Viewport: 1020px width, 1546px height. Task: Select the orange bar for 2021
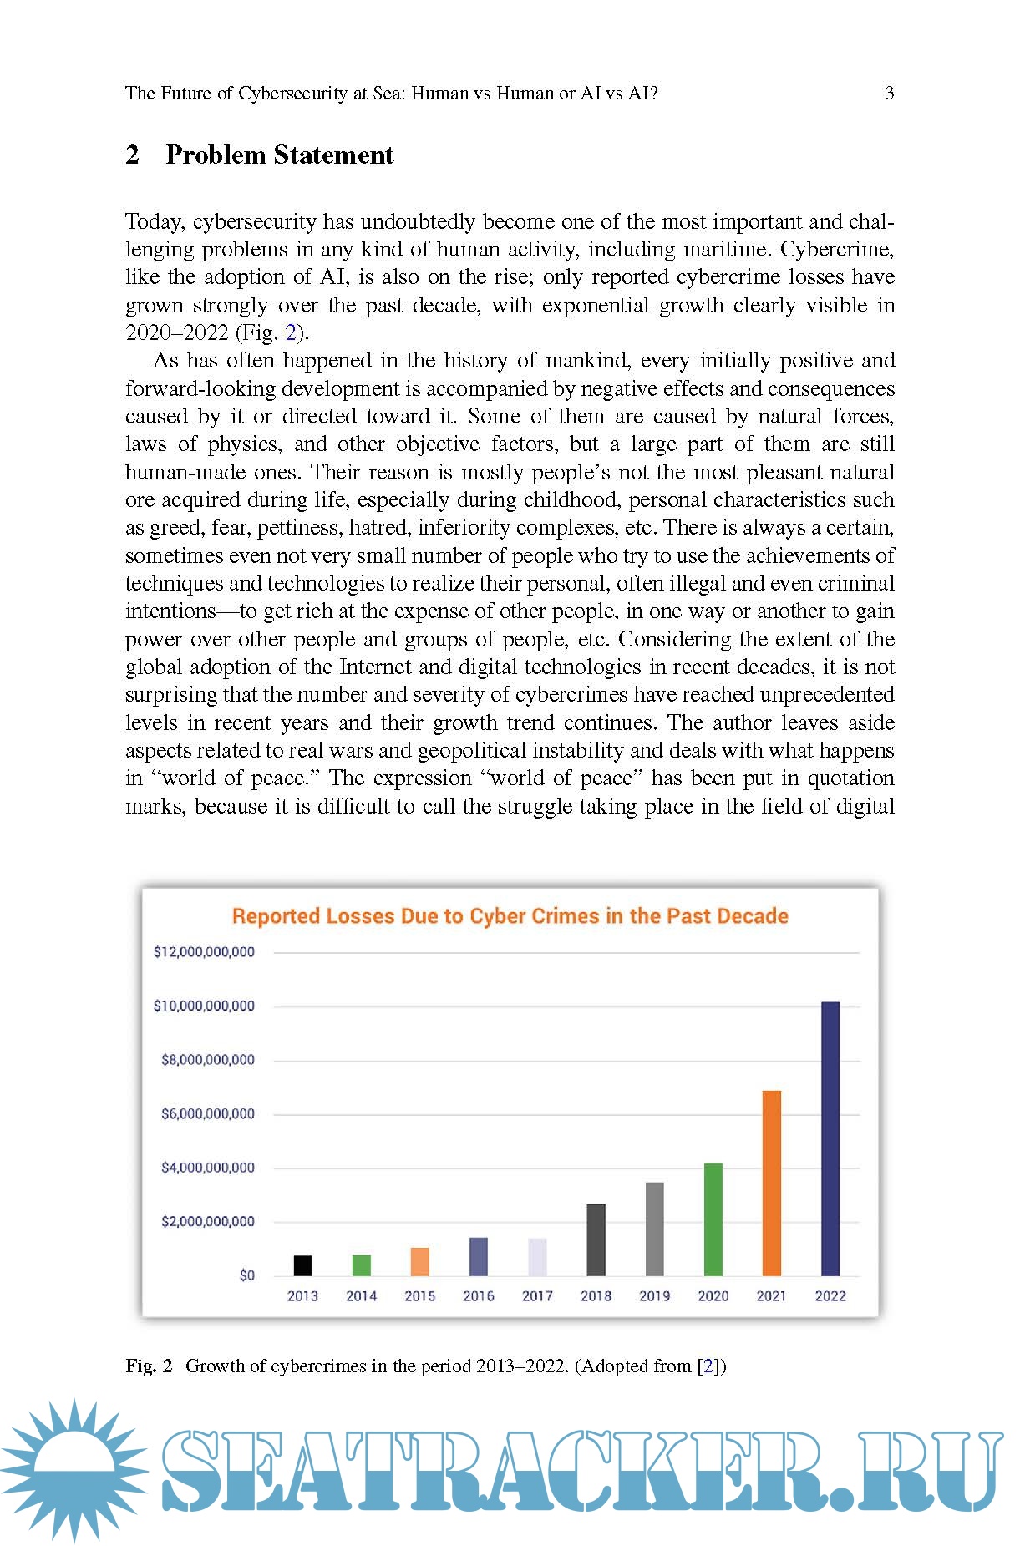(771, 1183)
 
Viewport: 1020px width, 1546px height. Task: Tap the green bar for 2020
(713, 1219)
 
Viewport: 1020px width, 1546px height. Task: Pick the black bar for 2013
(302, 1265)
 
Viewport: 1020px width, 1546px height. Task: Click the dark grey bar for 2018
(596, 1239)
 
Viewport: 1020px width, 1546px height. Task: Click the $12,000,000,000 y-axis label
(204, 952)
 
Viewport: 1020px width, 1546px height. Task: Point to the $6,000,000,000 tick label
(208, 1113)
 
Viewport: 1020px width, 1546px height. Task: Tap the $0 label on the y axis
(247, 1275)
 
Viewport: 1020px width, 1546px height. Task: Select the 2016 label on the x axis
(479, 1296)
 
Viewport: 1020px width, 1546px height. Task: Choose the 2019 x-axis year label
(654, 1296)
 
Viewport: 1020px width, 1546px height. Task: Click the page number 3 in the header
(890, 94)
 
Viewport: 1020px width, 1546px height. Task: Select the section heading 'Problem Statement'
(279, 155)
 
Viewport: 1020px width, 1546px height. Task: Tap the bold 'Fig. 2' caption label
(149, 1366)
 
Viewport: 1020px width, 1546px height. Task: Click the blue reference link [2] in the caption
(709, 1366)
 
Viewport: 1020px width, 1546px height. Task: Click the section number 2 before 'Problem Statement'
(132, 155)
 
